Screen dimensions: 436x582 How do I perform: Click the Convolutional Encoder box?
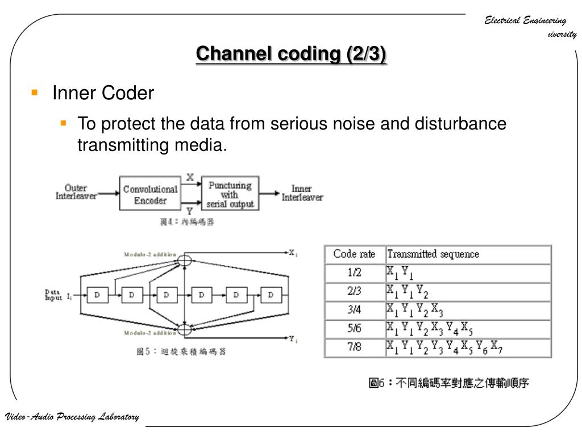point(150,195)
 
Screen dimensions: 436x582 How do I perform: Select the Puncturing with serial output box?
point(230,195)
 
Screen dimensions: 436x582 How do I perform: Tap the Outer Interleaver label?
point(76,192)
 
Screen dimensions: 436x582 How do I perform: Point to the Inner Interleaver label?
point(302,193)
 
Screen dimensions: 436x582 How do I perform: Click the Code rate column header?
point(354,254)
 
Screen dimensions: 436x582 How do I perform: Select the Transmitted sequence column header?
point(433,254)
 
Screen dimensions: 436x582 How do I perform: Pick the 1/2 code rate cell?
point(354,273)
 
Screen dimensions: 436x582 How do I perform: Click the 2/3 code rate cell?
point(354,292)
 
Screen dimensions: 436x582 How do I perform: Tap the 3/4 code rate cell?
point(354,311)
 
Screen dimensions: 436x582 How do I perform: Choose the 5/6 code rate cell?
point(354,329)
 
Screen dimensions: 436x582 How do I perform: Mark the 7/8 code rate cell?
point(354,347)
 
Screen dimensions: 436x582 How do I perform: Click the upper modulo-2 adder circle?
point(185,261)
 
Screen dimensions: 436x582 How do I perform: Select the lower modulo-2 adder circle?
point(185,329)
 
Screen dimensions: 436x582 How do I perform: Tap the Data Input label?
point(55,295)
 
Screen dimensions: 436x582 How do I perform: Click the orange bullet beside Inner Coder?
point(35,91)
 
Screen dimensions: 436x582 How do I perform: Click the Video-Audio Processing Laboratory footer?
point(72,417)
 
